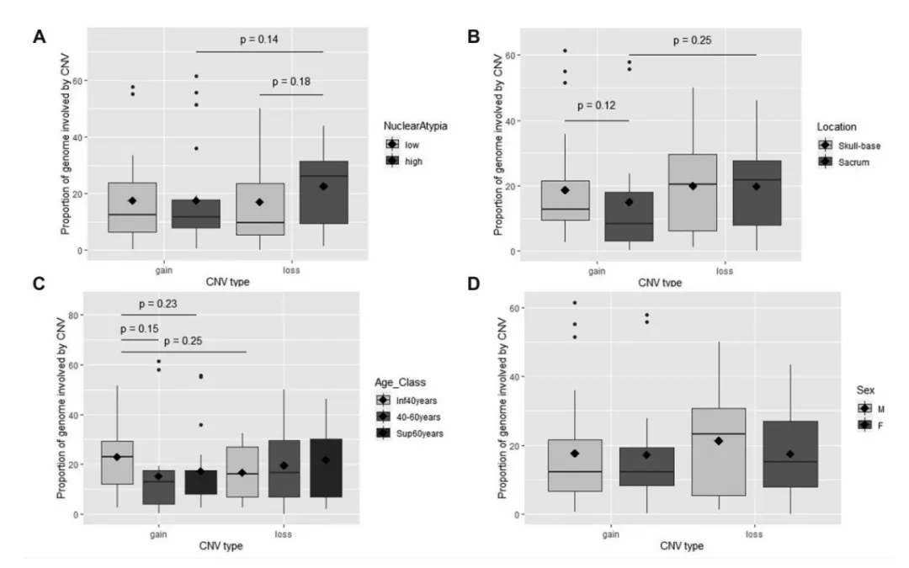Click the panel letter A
pyautogui.click(x=38, y=36)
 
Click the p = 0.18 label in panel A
pyautogui.click(x=290, y=82)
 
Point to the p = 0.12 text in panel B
pyautogui.click(x=596, y=107)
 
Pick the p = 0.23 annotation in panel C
pyautogui.click(x=158, y=303)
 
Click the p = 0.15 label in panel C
pyautogui.click(x=139, y=328)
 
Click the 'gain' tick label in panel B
pyautogui.click(x=596, y=271)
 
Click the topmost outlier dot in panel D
pyautogui.click(x=576, y=303)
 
